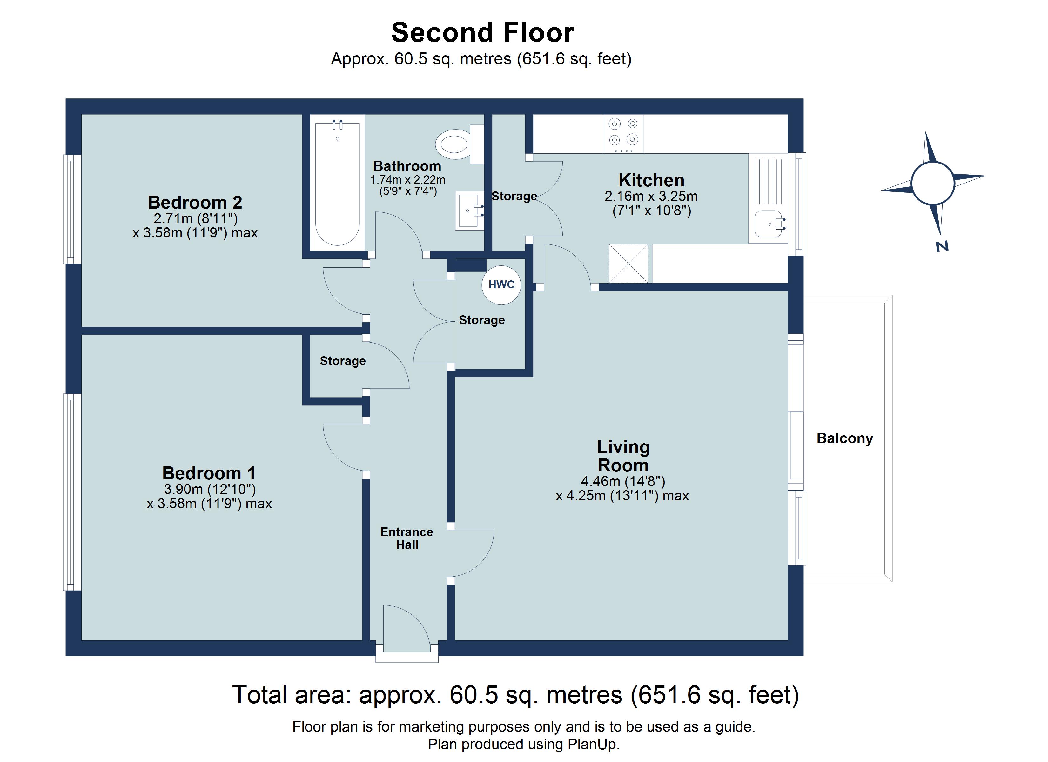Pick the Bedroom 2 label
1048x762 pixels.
[195, 202]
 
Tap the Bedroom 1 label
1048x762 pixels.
[209, 473]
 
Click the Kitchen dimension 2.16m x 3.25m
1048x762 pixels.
[651, 197]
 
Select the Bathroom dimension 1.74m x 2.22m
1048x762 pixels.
[407, 180]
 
